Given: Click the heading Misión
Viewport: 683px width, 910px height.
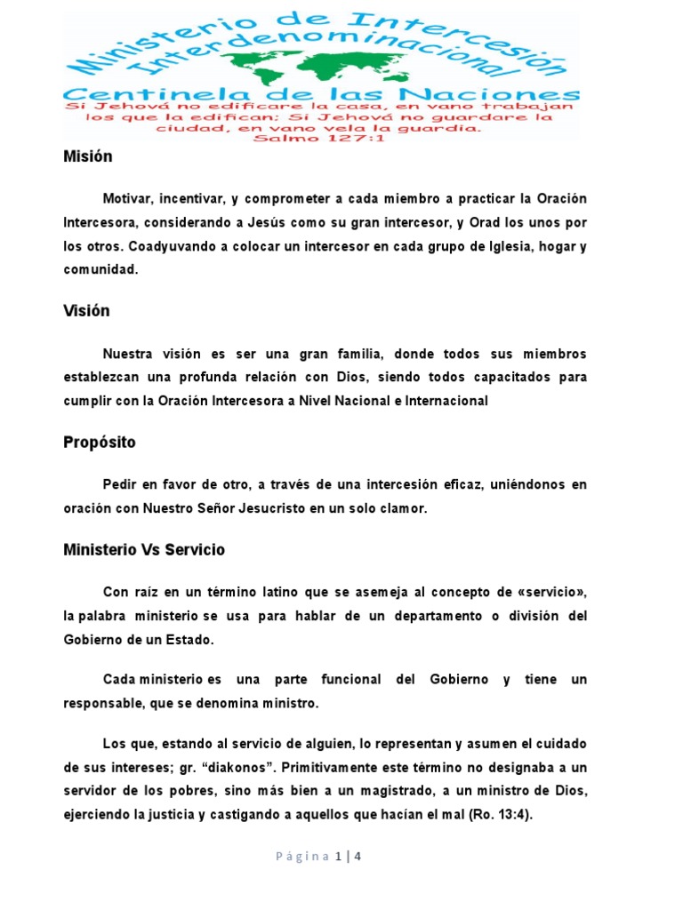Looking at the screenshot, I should (x=88, y=156).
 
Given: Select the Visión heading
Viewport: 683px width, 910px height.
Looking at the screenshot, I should (x=87, y=311).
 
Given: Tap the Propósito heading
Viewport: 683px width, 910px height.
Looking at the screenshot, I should (x=100, y=442).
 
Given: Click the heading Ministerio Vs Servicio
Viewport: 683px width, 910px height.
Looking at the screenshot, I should (x=144, y=550).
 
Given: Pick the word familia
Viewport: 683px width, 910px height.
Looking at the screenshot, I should (x=359, y=354).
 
